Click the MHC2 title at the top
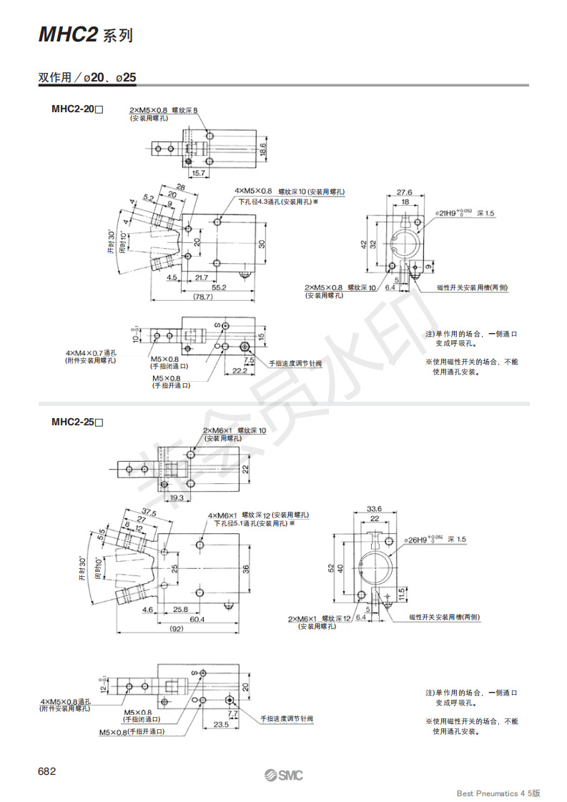(68, 35)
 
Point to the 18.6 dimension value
(262, 149)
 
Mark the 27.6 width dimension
(405, 192)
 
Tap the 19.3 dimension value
(176, 497)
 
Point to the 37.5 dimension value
(149, 512)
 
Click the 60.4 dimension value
(196, 619)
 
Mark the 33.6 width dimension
(375, 509)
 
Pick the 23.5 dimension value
(221, 724)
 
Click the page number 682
(46, 771)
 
